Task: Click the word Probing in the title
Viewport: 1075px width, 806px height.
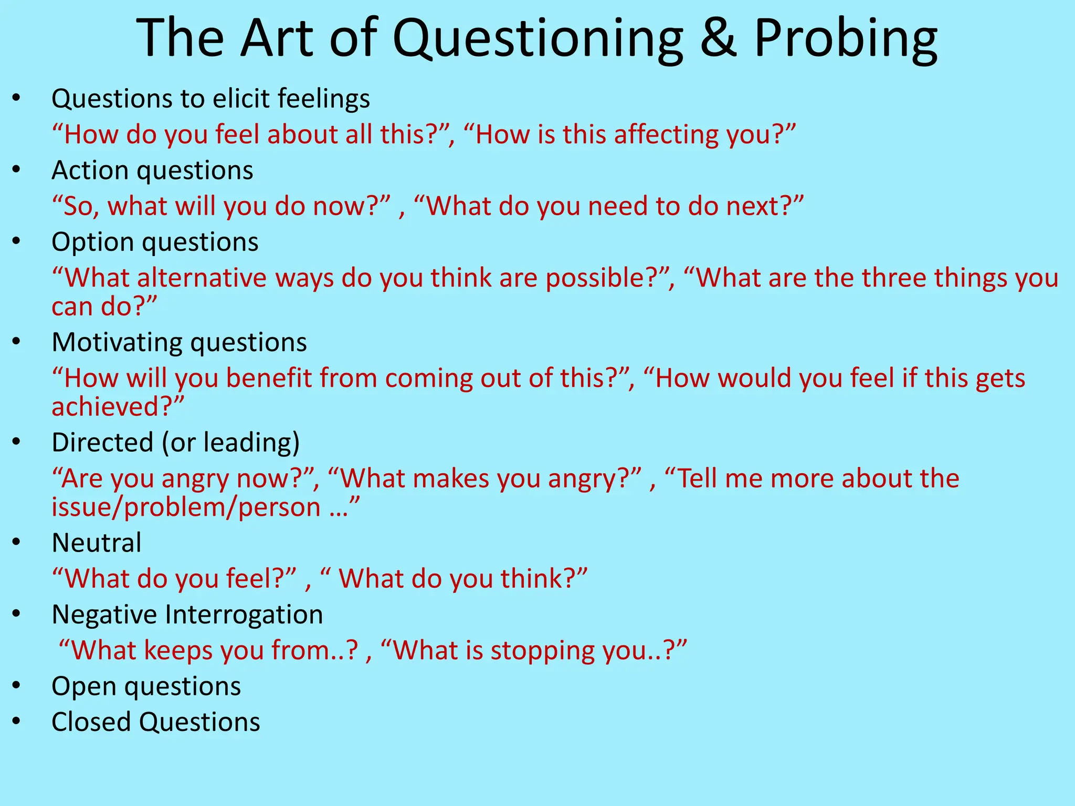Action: (x=846, y=40)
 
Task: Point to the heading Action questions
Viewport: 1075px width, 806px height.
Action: (x=152, y=171)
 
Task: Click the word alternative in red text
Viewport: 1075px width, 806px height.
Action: (x=202, y=278)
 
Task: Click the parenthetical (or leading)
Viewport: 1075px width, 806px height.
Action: (x=230, y=443)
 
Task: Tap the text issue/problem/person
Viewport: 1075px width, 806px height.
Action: (x=186, y=507)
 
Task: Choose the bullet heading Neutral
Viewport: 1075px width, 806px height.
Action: (x=97, y=543)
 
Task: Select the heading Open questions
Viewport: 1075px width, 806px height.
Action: (x=146, y=686)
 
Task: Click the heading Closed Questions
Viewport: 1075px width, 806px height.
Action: (x=155, y=722)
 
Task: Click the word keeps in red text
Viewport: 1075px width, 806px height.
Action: (x=178, y=651)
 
